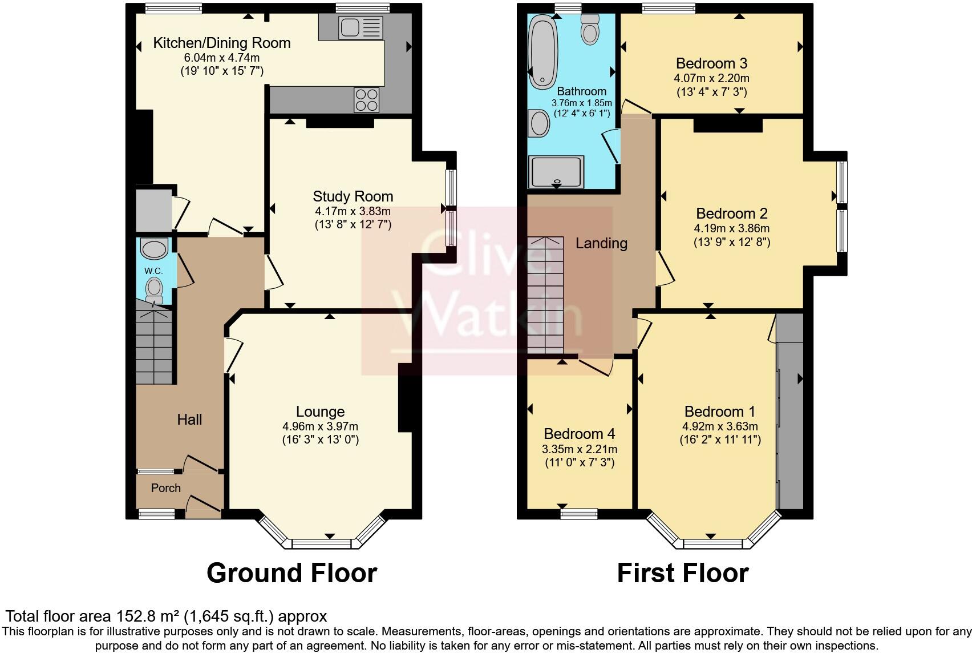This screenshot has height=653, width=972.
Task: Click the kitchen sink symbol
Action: [360, 26]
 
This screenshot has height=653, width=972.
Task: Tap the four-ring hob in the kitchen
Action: [367, 100]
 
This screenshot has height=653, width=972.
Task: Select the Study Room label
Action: [353, 196]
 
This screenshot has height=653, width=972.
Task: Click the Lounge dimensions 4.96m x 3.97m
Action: [320, 426]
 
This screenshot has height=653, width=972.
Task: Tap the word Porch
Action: [165, 488]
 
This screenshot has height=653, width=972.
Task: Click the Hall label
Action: [189, 420]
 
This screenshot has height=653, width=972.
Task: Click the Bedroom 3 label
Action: [711, 63]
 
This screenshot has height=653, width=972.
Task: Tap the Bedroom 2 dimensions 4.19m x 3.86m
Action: [731, 228]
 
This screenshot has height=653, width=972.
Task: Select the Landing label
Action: [601, 243]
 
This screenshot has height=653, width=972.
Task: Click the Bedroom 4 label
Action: [579, 434]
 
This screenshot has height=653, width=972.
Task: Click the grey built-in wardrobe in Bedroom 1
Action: [789, 411]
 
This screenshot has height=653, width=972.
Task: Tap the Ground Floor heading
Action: [291, 573]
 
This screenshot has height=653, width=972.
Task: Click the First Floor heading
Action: [682, 573]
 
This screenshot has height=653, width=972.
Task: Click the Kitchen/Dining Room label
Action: [222, 43]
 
